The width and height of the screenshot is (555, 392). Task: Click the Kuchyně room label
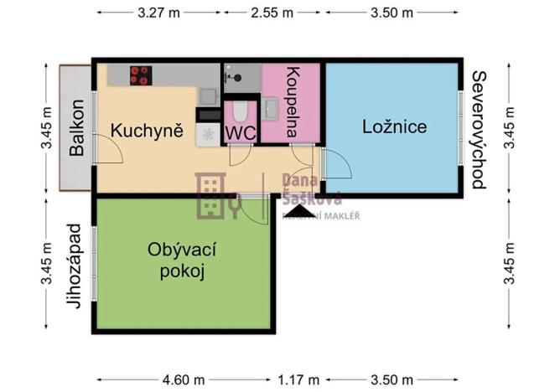(148, 131)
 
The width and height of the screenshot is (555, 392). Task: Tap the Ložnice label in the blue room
(394, 127)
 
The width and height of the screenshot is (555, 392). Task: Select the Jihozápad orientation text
(75, 266)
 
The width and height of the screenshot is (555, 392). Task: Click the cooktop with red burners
(140, 75)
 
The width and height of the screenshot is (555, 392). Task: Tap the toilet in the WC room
(241, 110)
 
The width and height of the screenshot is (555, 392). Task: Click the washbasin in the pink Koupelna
(270, 107)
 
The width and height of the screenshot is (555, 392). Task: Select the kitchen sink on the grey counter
(208, 95)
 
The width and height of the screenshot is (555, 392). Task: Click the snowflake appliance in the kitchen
(207, 135)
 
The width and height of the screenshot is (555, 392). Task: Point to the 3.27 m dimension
(159, 13)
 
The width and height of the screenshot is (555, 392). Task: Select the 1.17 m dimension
(293, 378)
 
